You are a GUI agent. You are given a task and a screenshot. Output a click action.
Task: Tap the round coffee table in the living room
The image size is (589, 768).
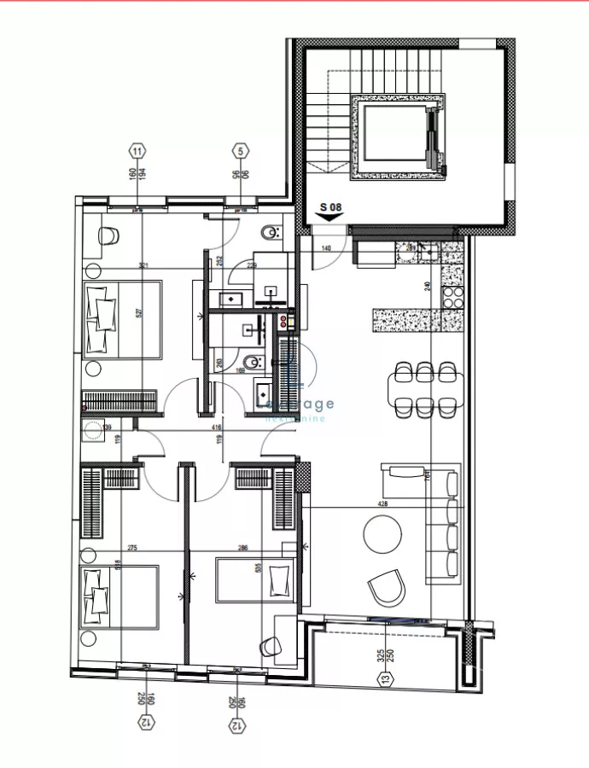[x=382, y=535]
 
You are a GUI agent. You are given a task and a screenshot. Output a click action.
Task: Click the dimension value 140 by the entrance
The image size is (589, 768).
[x=326, y=248]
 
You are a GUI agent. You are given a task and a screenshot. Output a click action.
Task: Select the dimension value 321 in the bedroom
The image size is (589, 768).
[x=143, y=266]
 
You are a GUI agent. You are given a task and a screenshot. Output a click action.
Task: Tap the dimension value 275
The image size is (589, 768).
[x=132, y=549]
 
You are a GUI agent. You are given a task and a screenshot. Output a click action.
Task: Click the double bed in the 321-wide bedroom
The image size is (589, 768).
[x=121, y=318]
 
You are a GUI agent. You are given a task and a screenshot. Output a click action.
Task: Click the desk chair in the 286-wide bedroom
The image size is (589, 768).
[x=272, y=646]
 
